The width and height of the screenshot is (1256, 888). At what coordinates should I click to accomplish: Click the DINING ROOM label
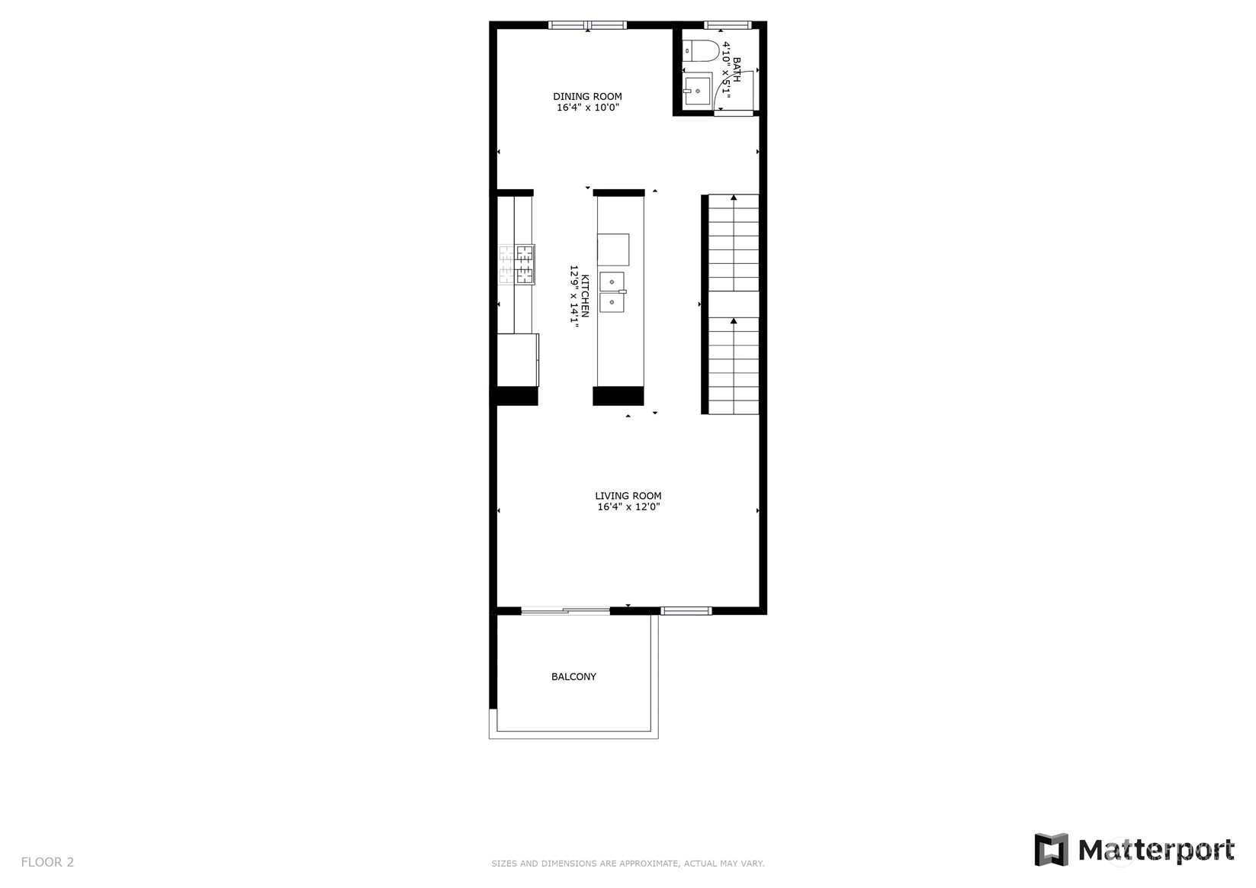click(x=587, y=96)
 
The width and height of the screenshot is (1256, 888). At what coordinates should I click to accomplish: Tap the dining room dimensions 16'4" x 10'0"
click(x=588, y=108)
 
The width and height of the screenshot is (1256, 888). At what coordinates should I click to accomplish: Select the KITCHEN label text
click(x=585, y=296)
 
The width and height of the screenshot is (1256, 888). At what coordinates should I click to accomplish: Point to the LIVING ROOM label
click(x=628, y=496)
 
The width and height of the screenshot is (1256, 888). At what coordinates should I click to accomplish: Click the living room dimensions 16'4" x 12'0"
click(x=628, y=507)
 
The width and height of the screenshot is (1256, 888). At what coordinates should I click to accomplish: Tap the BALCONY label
click(x=573, y=677)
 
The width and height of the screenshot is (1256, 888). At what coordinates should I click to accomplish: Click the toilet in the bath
click(x=701, y=50)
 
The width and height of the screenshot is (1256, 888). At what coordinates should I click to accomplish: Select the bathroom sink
click(x=697, y=91)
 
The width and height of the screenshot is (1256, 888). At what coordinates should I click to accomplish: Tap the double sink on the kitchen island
click(x=612, y=291)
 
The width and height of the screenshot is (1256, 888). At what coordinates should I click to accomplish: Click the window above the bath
click(x=728, y=24)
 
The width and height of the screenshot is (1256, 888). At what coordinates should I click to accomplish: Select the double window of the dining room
click(x=587, y=24)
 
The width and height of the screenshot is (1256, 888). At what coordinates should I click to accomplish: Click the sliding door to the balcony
click(x=565, y=611)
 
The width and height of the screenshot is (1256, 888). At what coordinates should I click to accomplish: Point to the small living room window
click(x=686, y=611)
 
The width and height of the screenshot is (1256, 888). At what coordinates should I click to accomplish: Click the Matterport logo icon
click(x=1051, y=850)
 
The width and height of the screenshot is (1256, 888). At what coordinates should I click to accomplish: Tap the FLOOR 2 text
click(x=47, y=862)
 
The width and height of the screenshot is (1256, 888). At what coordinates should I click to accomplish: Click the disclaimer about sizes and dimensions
click(x=628, y=864)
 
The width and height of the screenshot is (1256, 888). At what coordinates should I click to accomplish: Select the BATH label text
click(x=736, y=69)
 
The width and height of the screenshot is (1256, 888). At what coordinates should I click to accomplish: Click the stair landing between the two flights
click(x=734, y=304)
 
